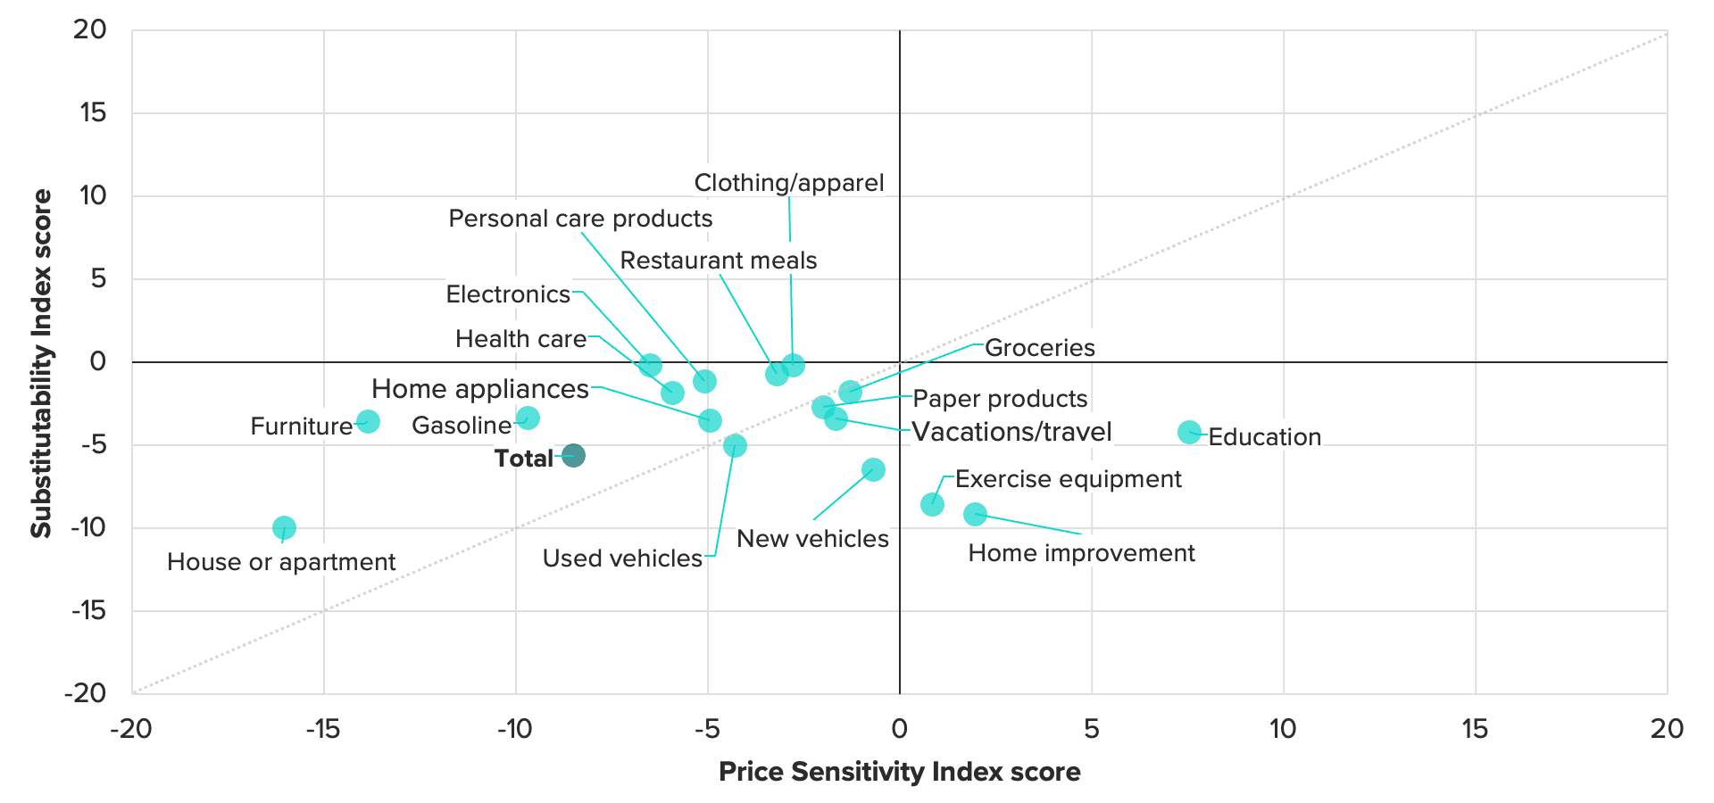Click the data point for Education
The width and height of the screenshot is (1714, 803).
tap(1189, 432)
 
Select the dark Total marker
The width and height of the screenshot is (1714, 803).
tap(573, 456)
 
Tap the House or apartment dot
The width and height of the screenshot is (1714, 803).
tap(284, 528)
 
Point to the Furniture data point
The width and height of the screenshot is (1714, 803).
tap(368, 421)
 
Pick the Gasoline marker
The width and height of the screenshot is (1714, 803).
tap(528, 418)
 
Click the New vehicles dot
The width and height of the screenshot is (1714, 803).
tap(873, 469)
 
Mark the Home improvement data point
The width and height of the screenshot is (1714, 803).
tap(975, 514)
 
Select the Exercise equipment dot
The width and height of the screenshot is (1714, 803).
tap(932, 504)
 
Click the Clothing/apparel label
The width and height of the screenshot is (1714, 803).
tap(789, 183)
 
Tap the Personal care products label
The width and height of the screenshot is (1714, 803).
tap(580, 219)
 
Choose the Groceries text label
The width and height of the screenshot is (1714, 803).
tap(1039, 348)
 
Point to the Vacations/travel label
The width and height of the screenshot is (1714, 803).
tap(1011, 432)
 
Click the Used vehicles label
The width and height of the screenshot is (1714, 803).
tap(622, 559)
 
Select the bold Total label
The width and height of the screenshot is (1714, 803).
tap(523, 459)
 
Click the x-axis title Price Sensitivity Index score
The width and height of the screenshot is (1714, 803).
tap(899, 772)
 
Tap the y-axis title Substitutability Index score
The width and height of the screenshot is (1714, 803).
tap(41, 363)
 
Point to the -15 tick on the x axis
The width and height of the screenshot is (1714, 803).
tap(323, 730)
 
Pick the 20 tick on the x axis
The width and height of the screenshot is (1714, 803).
tap(1666, 730)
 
